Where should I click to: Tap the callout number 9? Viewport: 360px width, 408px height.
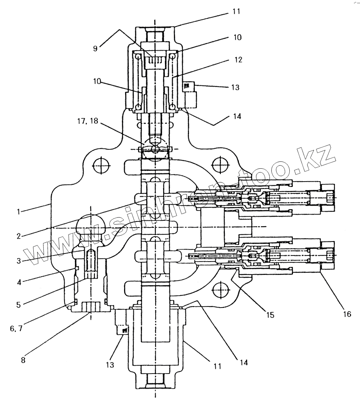point(95,48)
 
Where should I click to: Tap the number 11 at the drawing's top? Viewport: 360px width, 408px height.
point(236,11)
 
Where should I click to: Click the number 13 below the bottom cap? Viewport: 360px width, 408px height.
point(110,365)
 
